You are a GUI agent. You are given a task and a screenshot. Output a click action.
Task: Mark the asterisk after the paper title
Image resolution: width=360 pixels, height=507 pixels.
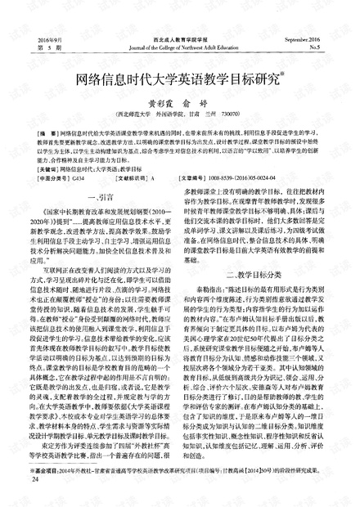tap(283, 76)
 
